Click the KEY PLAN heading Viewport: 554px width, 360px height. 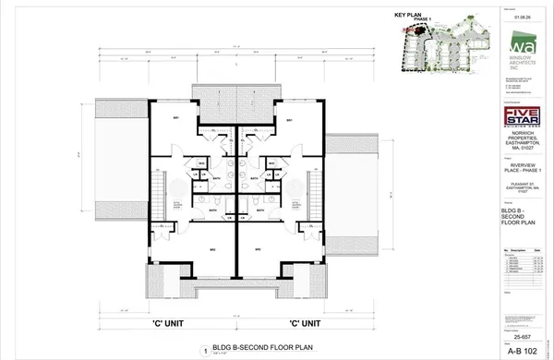point(407,16)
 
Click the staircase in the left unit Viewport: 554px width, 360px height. point(158,194)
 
